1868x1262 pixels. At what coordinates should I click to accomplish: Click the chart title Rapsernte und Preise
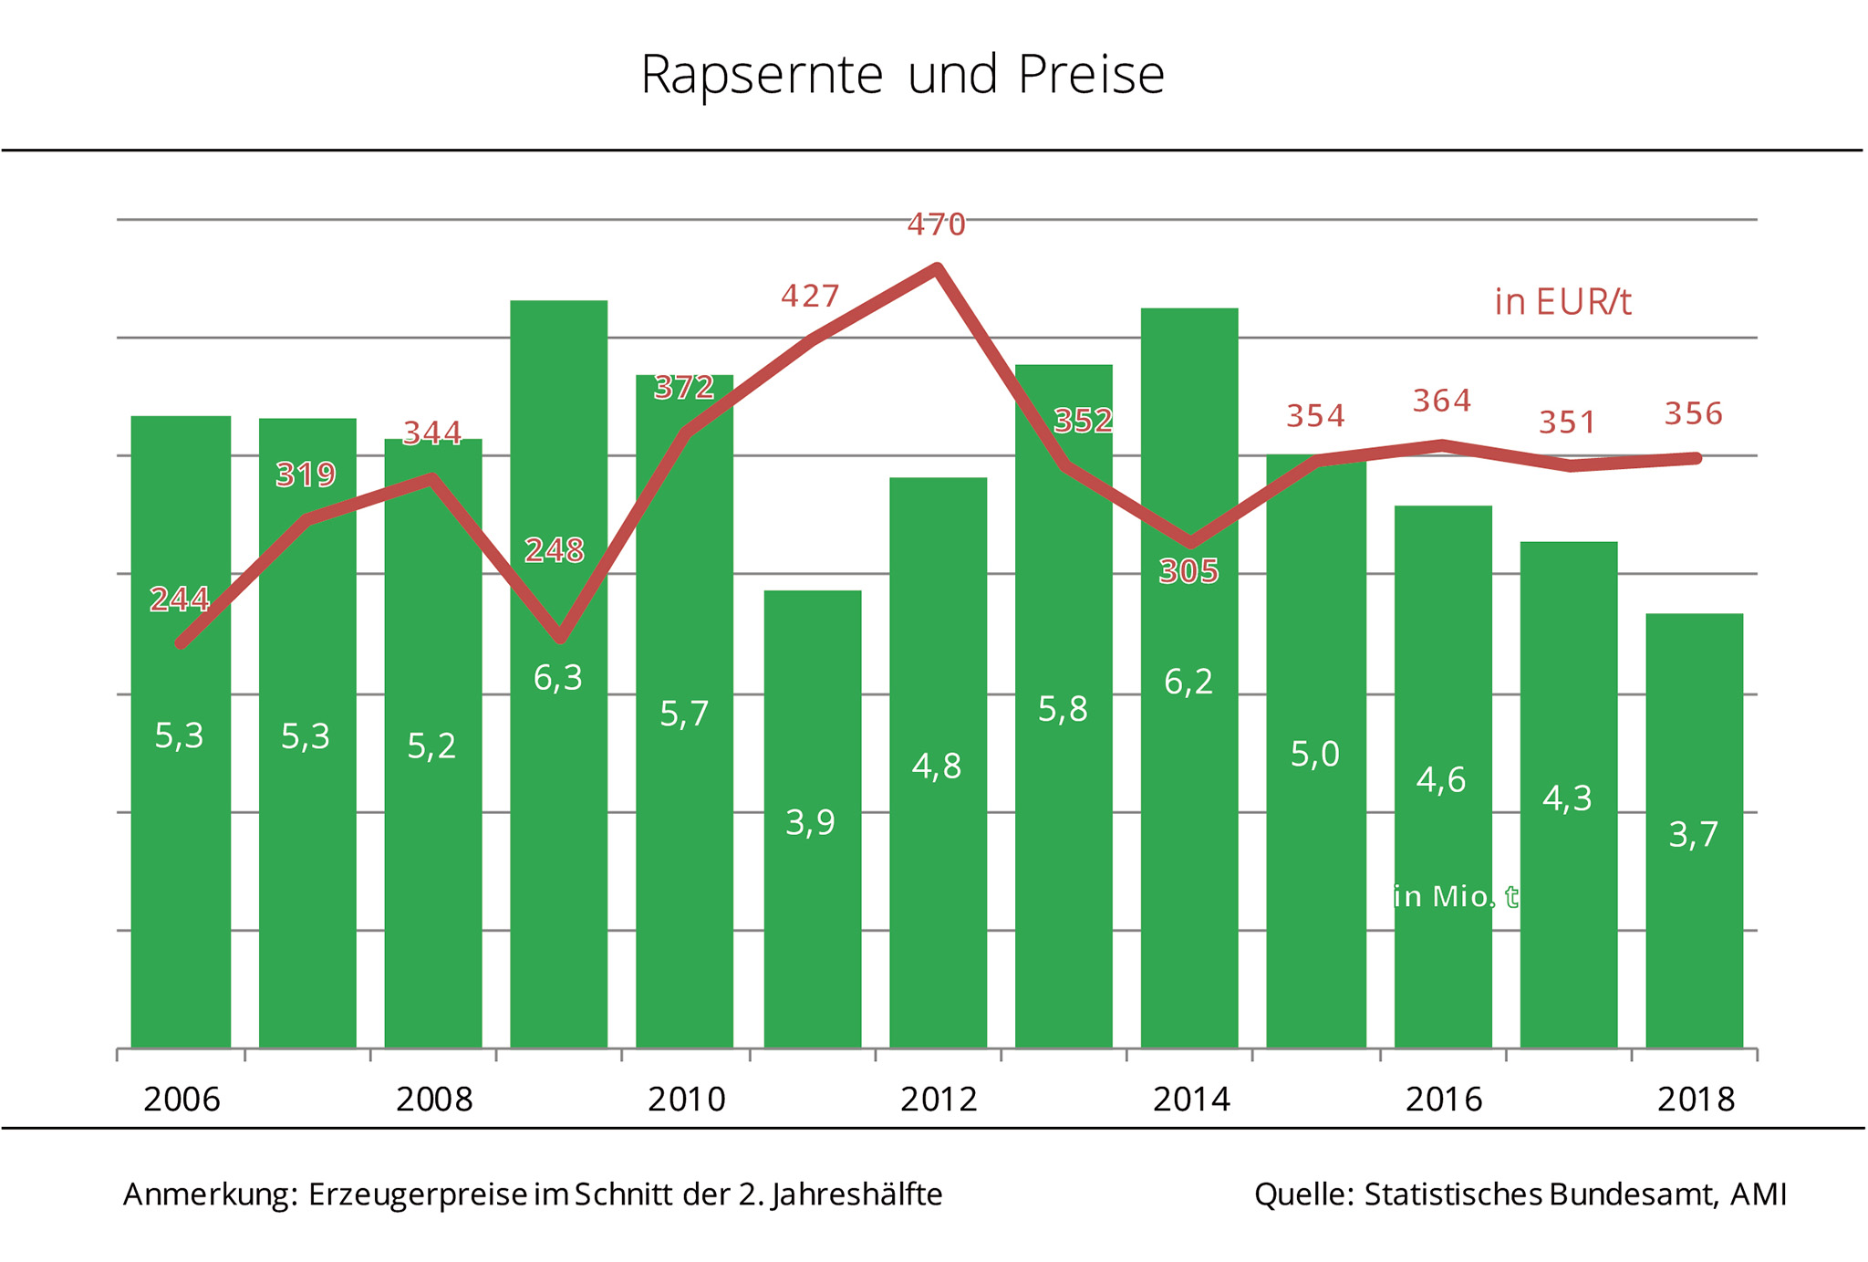902,75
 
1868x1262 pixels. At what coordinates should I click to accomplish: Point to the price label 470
936,224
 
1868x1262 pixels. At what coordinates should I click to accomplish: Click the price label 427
810,297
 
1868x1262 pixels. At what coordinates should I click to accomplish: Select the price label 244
180,600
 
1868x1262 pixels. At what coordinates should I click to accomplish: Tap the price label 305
1188,572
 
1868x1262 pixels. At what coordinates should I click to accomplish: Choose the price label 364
1442,401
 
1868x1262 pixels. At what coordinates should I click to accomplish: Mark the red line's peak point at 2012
937,268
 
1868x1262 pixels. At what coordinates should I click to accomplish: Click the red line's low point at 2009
560,638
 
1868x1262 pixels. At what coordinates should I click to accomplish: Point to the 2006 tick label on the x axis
182,1100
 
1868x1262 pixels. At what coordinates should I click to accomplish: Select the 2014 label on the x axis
1191,1100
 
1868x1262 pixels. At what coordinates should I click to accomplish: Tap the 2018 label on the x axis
1696,1100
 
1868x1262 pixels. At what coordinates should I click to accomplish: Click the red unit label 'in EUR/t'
1562,302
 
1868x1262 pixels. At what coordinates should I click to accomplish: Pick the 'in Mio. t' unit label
1456,897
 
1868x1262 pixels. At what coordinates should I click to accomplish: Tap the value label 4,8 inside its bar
937,767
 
